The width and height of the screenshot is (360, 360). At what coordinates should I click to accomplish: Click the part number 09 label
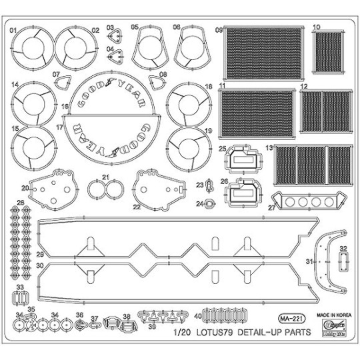coord(218,30)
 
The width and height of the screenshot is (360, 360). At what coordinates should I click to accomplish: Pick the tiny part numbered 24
coord(209,204)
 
